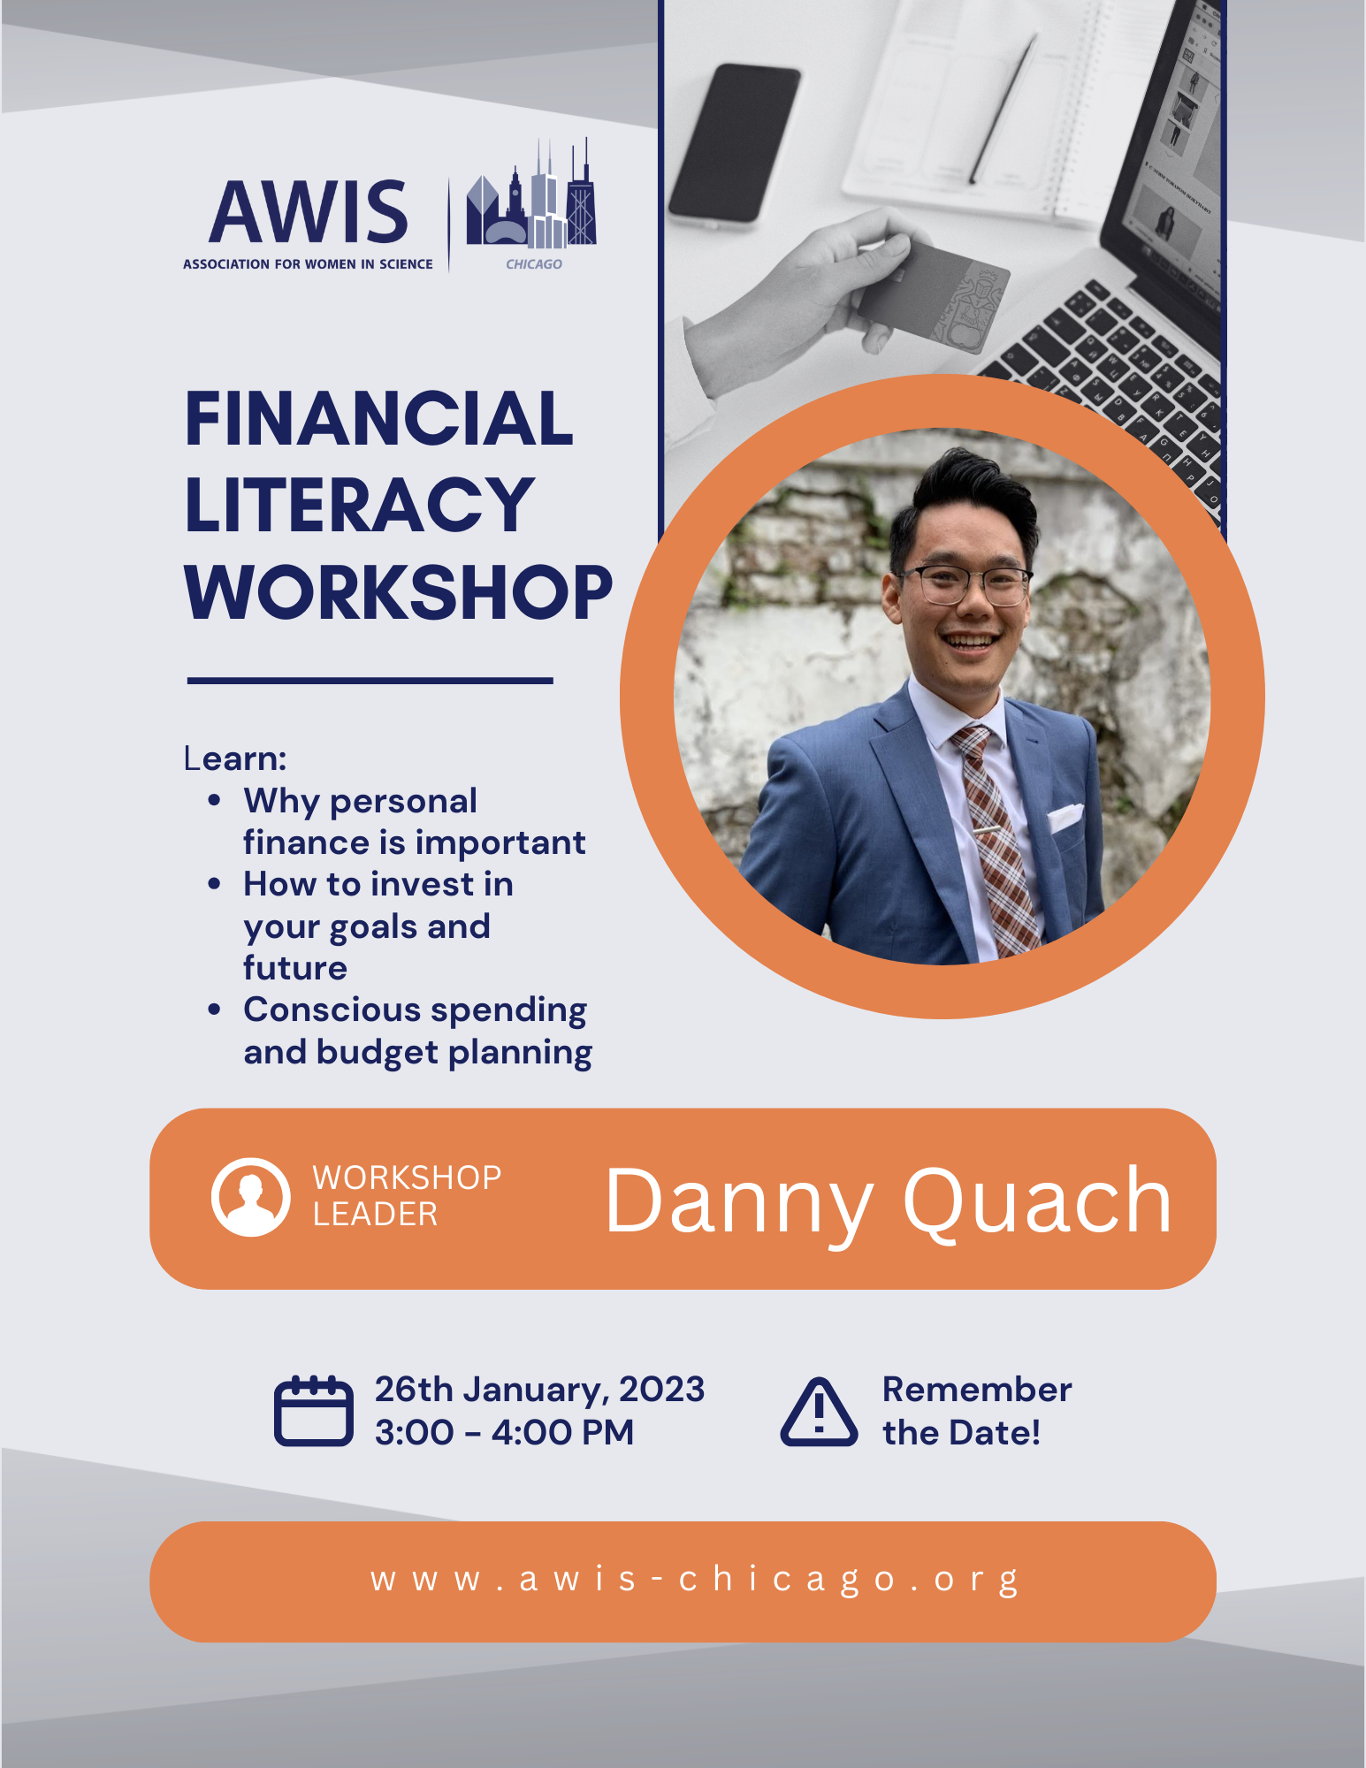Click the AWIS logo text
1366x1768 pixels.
pyautogui.click(x=309, y=212)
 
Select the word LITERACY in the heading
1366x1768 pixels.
pyautogui.click(x=359, y=505)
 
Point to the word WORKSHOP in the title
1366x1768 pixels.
pyautogui.click(x=398, y=592)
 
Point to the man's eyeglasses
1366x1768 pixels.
pyautogui.click(x=965, y=583)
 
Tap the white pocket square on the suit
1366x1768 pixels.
pyautogui.click(x=1065, y=817)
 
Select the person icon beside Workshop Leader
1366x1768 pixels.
pyautogui.click(x=251, y=1197)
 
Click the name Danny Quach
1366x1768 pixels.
pyautogui.click(x=888, y=1200)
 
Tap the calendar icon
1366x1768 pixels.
pyautogui.click(x=313, y=1411)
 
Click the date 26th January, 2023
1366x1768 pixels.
pyautogui.click(x=539, y=1389)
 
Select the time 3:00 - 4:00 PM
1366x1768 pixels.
pyautogui.click(x=504, y=1432)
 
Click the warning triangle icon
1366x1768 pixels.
pyautogui.click(x=819, y=1413)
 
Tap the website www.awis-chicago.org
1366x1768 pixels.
pyautogui.click(x=695, y=1580)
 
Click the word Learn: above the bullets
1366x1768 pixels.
pyautogui.click(x=235, y=758)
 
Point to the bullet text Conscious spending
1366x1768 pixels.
pyautogui.click(x=415, y=1010)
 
